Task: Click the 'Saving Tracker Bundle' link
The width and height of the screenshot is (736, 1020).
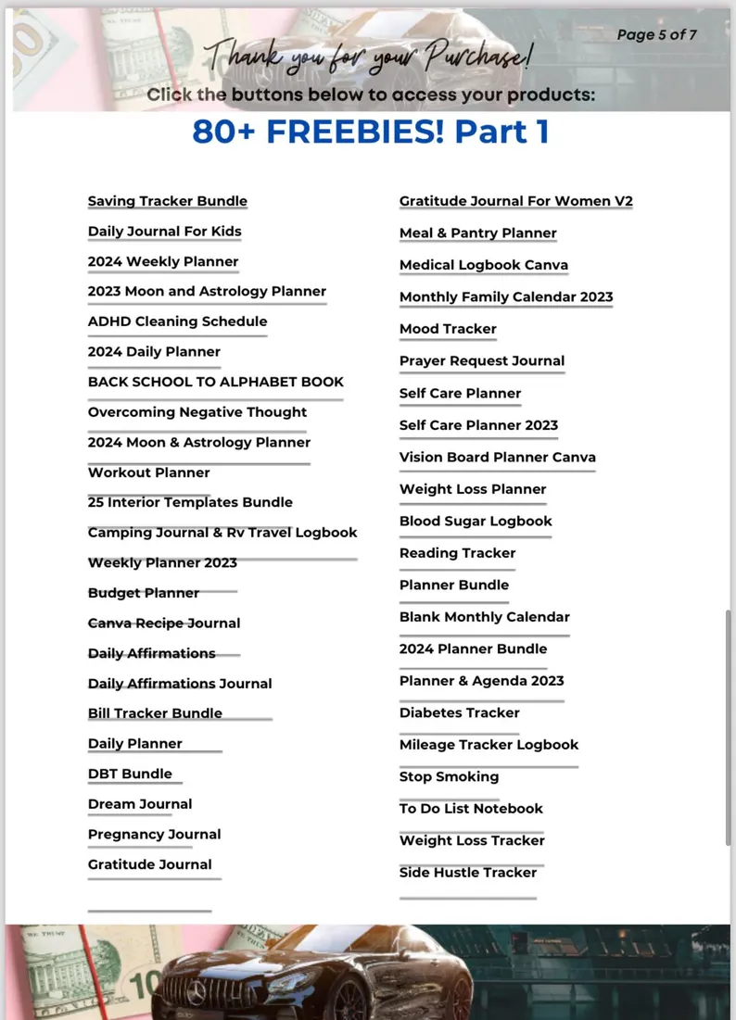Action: (167, 201)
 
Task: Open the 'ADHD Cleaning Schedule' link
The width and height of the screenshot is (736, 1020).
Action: (177, 321)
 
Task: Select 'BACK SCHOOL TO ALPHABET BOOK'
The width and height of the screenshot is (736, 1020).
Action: (215, 382)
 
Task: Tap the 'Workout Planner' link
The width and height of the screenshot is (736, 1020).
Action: (148, 472)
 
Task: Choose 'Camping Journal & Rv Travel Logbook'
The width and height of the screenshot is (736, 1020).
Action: (222, 533)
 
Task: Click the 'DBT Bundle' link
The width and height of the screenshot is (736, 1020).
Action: (130, 774)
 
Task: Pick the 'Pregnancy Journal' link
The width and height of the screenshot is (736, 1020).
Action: (154, 834)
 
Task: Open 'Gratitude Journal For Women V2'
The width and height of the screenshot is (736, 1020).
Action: (515, 201)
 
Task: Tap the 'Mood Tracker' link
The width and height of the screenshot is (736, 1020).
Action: (448, 329)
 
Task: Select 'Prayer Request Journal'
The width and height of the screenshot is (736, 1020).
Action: (481, 360)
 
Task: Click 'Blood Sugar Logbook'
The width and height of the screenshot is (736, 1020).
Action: (476, 521)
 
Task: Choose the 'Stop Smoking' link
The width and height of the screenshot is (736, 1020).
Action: (449, 776)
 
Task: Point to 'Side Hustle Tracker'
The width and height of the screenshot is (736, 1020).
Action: (467, 872)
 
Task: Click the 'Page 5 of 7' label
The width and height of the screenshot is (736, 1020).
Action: (656, 35)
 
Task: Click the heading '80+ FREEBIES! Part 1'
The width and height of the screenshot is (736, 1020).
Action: (370, 132)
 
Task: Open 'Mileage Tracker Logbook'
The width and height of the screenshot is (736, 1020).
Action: (489, 745)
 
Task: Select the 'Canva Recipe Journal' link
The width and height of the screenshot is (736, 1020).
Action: (163, 623)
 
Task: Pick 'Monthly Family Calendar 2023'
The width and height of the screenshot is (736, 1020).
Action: (506, 297)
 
